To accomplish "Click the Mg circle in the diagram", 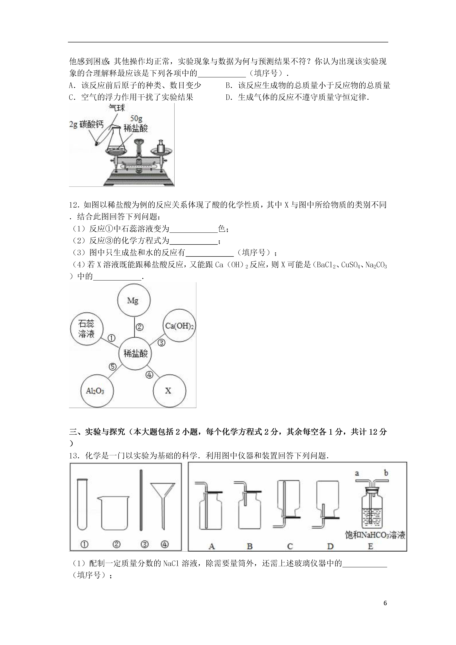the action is click(134, 300).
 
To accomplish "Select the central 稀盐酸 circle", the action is click(135, 353).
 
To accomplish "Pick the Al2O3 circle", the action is click(97, 391).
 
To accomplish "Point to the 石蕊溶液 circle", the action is click(87, 329).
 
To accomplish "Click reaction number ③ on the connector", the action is click(162, 343).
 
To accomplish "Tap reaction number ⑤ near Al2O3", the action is click(112, 367).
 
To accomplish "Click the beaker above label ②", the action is click(113, 513).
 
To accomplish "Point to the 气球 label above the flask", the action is click(117, 108).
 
